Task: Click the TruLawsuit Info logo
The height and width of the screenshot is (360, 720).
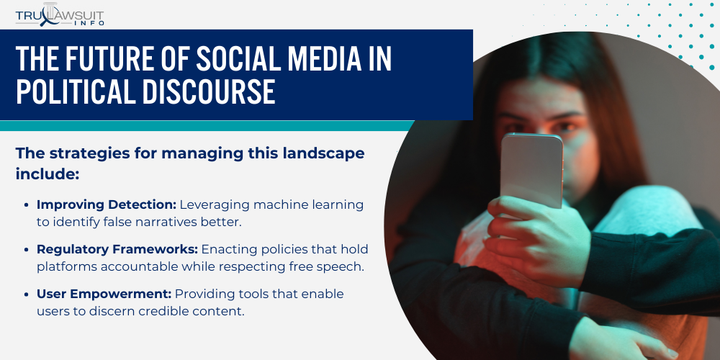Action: tap(60, 14)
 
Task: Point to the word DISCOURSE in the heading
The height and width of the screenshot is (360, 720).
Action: tap(209, 92)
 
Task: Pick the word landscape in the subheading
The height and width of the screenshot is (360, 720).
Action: tap(323, 154)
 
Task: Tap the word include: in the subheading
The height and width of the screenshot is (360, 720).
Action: tap(48, 174)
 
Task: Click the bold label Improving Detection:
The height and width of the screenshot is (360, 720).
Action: tap(107, 204)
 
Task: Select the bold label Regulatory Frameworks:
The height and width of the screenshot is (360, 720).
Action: tap(117, 249)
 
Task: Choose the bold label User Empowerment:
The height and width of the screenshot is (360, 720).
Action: tap(104, 294)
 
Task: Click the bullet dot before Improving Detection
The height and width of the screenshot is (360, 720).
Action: tap(27, 204)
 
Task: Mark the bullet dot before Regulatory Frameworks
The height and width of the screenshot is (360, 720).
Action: tap(27, 249)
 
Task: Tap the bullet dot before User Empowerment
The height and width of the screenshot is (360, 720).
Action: tap(27, 294)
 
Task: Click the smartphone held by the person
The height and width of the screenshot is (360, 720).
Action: tap(531, 171)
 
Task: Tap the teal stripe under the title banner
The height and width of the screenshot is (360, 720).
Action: tap(207, 126)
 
